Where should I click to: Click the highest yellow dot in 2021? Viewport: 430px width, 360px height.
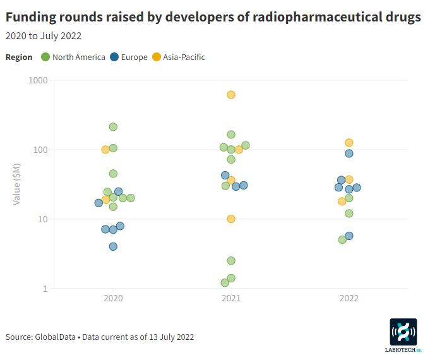coord(231,95)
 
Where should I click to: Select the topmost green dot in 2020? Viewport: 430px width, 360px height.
coord(113,127)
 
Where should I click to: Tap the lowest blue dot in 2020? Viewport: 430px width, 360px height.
coord(113,246)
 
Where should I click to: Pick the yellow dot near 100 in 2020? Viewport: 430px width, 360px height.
coord(105,150)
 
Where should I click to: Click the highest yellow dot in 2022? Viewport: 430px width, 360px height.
coord(349,143)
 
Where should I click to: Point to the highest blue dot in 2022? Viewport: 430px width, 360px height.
coord(349,153)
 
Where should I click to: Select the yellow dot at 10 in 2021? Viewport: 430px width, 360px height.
coord(231,219)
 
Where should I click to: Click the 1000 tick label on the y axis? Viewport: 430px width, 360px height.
coord(39,81)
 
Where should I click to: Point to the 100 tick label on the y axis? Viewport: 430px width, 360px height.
coord(41,150)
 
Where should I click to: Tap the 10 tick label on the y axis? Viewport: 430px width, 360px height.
coord(43,219)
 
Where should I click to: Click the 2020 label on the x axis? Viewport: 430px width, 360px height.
coord(113,297)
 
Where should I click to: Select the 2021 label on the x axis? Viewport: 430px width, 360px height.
coord(231,297)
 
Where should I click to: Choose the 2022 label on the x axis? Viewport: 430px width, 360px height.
coord(349,297)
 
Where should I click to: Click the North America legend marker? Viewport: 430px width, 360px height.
coord(45,57)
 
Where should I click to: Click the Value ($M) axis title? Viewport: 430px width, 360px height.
coord(17,184)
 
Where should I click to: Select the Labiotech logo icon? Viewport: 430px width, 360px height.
coord(403,332)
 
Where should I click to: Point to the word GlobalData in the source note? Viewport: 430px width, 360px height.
coord(56,337)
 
